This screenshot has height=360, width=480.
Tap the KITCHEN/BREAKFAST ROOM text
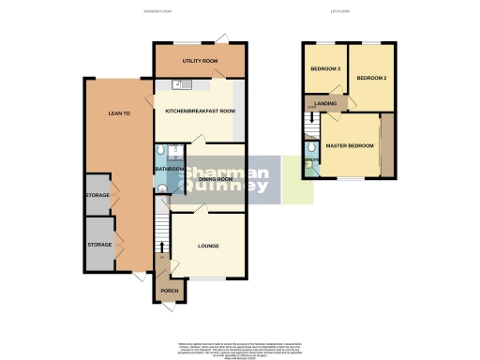(x=200, y=112)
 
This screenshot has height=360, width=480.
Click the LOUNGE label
(x=208, y=247)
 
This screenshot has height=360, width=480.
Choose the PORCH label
(x=170, y=291)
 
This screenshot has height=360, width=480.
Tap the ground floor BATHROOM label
(x=170, y=170)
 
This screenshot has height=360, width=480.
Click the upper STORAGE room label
(x=97, y=196)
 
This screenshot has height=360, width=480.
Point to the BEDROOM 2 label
(x=371, y=79)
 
